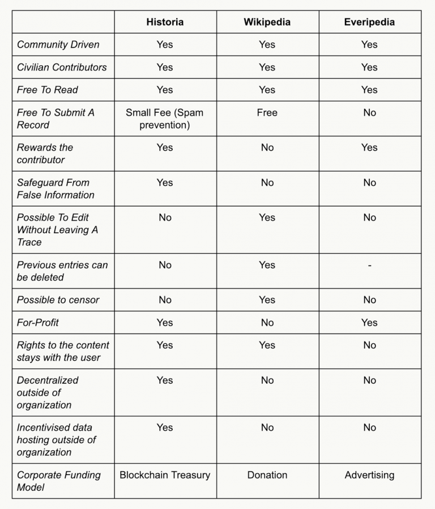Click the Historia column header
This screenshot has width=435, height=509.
(x=165, y=22)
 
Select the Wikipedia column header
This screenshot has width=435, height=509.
(x=267, y=22)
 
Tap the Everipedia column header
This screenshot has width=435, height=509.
(x=369, y=22)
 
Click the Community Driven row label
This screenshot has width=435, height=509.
(x=58, y=44)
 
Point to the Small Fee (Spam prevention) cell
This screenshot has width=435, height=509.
(x=165, y=118)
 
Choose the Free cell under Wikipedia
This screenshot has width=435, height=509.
(x=267, y=113)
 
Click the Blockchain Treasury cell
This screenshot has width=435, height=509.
(x=165, y=475)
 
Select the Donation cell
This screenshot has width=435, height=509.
(x=267, y=475)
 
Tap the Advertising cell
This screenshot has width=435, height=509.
(x=369, y=475)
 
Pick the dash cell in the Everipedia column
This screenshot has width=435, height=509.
(x=369, y=265)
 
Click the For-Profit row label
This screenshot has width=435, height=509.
(x=38, y=322)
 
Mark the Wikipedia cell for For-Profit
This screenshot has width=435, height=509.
(x=267, y=322)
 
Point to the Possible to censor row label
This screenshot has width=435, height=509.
(x=58, y=300)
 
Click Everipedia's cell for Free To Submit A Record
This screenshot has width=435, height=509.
(x=369, y=113)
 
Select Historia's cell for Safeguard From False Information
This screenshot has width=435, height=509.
(x=165, y=182)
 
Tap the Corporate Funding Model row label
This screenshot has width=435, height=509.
(x=58, y=481)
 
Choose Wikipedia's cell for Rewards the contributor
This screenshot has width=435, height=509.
(x=267, y=147)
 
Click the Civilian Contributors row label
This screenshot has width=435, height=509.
(x=62, y=67)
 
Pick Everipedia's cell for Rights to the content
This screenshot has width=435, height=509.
(x=369, y=345)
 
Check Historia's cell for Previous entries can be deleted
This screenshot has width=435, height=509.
(x=165, y=265)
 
